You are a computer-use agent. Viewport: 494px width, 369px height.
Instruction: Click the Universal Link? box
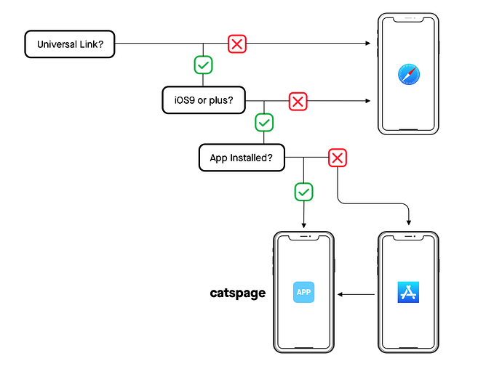(69, 44)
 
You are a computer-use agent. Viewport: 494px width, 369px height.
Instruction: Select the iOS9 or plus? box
(203, 100)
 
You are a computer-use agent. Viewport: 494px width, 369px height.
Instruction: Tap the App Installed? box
(242, 157)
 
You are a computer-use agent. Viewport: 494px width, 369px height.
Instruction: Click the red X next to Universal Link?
(237, 44)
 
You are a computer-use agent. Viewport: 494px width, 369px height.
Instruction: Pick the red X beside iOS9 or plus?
(297, 101)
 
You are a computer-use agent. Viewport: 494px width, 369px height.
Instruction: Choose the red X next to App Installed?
(336, 158)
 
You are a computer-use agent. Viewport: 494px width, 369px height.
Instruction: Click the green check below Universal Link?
(203, 65)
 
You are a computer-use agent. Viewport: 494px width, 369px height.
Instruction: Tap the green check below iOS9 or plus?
(264, 122)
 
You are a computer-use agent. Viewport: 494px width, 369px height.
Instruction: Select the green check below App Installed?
(303, 192)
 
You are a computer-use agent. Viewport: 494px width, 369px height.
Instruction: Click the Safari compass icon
(408, 75)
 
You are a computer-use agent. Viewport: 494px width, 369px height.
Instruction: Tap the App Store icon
(408, 292)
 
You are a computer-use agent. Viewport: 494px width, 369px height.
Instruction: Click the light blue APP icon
(303, 292)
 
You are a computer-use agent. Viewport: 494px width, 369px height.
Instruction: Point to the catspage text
(237, 293)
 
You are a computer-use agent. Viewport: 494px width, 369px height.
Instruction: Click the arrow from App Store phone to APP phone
(356, 294)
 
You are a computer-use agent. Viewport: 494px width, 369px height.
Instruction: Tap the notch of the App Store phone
(408, 237)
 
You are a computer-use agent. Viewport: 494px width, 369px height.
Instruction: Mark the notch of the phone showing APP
(303, 237)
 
